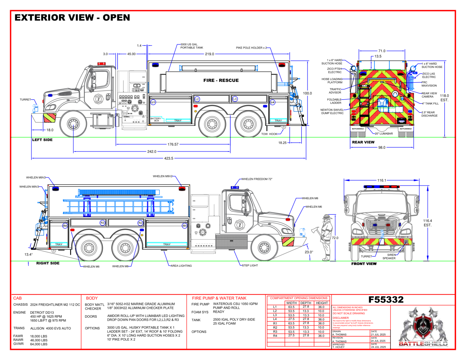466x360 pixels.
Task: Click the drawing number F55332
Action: click(x=386, y=300)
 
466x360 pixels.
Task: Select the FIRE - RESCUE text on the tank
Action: click(x=221, y=80)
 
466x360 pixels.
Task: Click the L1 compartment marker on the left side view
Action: click(x=153, y=102)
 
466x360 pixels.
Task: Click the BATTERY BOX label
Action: click(x=155, y=120)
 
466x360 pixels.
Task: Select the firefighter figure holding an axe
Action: click(x=326, y=235)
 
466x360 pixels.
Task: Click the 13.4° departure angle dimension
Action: click(x=28, y=254)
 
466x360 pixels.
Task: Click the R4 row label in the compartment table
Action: click(x=275, y=335)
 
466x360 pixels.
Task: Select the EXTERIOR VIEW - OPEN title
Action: click(x=72, y=18)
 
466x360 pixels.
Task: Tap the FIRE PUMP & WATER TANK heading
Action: click(x=219, y=298)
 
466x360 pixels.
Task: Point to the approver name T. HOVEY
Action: click(x=340, y=347)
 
